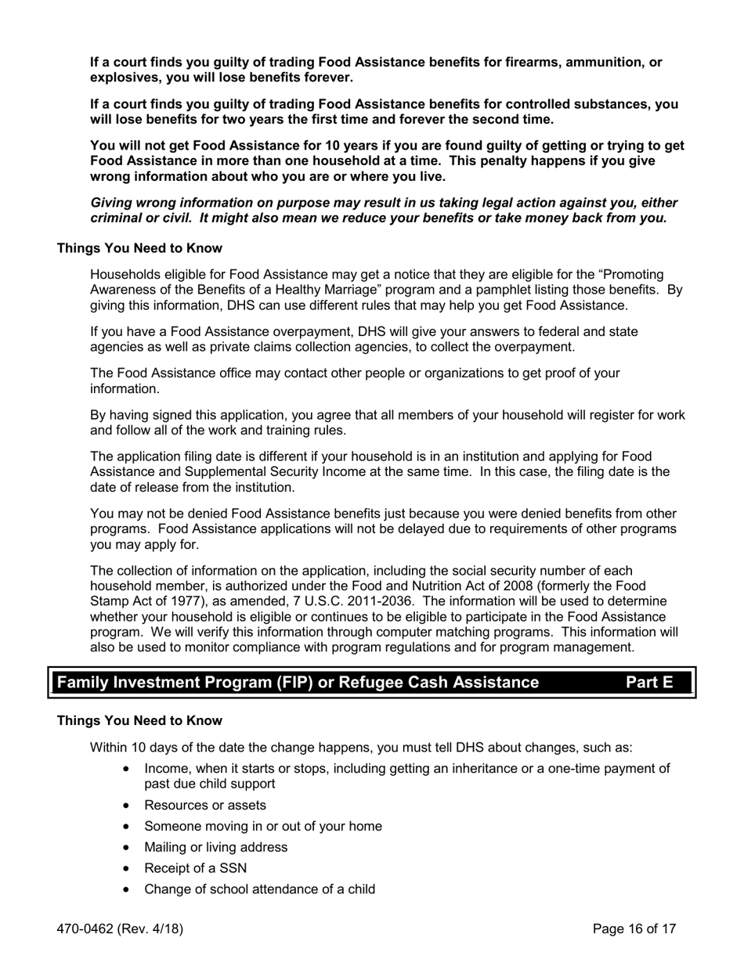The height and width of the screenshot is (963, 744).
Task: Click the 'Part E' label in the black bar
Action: click(x=649, y=682)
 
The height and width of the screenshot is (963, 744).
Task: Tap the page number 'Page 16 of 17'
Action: click(x=634, y=929)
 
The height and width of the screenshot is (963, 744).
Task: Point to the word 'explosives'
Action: click(x=125, y=78)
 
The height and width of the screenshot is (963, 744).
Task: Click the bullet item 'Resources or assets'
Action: click(x=205, y=805)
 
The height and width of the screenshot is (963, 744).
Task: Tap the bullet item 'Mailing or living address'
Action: click(x=215, y=847)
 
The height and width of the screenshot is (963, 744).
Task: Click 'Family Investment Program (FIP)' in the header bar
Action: click(x=184, y=682)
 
